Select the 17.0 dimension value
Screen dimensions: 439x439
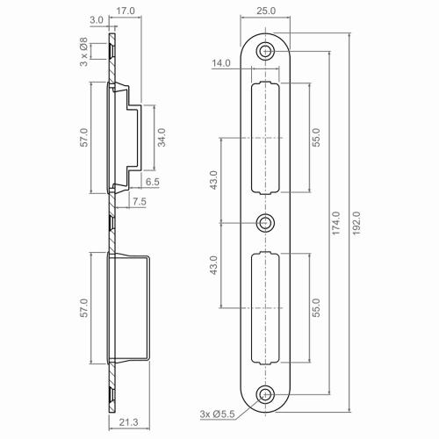pyautogui.click(x=125, y=11)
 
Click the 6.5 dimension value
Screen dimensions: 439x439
pyautogui.click(x=151, y=182)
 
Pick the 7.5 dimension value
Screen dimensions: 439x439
pyautogui.click(x=138, y=202)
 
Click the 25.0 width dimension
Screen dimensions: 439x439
pyautogui.click(x=266, y=11)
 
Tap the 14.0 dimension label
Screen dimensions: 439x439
pyautogui.click(x=221, y=63)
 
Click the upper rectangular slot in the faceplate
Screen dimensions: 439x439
pyautogui.click(x=266, y=138)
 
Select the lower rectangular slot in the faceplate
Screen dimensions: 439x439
pyautogui.click(x=266, y=307)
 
